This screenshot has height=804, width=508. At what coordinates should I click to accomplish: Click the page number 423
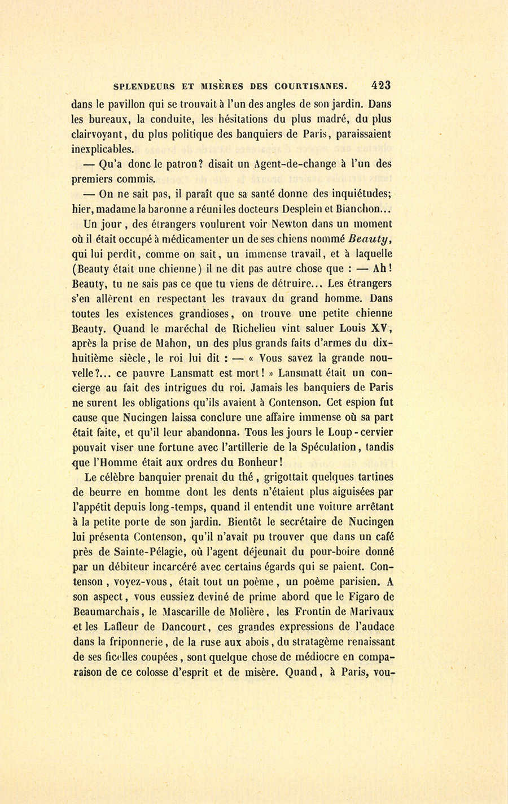tap(381, 86)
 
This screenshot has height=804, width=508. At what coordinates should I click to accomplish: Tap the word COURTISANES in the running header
tap(310, 87)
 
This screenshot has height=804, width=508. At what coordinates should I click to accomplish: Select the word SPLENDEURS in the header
tap(144, 87)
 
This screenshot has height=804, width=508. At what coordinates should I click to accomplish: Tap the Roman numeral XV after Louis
tap(381, 328)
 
